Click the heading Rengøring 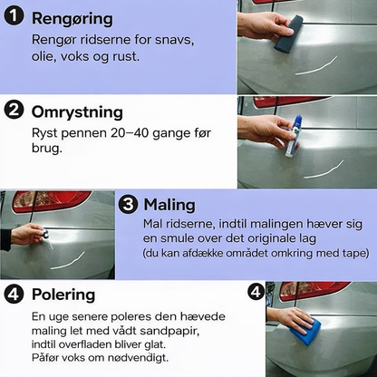pos(72,18)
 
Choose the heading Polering pos(64,295)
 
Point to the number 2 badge pos(14,111)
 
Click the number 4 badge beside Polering pos(14,295)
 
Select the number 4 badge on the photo pos(256,293)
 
